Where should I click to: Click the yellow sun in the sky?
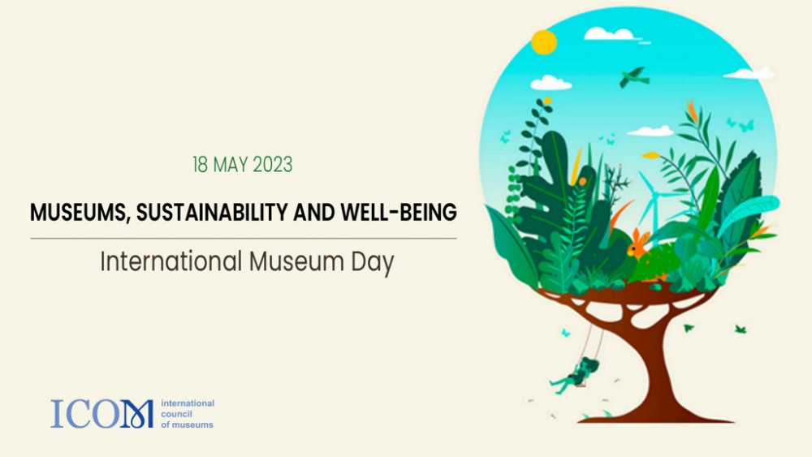[x=544, y=42]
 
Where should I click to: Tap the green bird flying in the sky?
[x=634, y=77]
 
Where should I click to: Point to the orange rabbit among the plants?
[x=637, y=244]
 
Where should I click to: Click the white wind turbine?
[x=654, y=202]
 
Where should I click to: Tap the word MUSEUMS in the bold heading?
[x=78, y=213]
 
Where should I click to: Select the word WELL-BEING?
[x=399, y=212]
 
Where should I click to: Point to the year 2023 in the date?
[x=272, y=165]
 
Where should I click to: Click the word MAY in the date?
[x=230, y=165]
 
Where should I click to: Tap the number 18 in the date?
[x=200, y=165]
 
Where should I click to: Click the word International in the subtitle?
[x=171, y=261]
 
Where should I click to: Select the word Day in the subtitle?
[x=373, y=263]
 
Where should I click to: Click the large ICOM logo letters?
[x=102, y=413]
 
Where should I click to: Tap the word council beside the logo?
[x=176, y=414]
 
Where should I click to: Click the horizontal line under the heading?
[x=244, y=239]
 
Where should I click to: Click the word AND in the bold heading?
[x=314, y=212]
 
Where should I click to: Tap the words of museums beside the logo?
[x=187, y=425]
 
